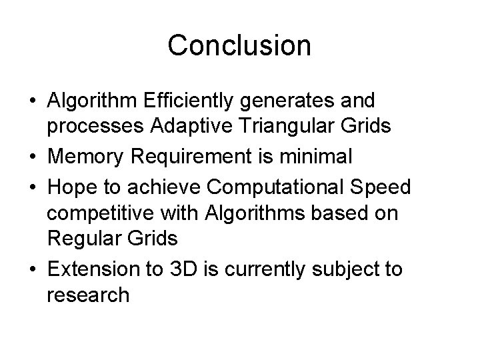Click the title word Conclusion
pyautogui.click(x=239, y=46)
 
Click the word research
pyautogui.click(x=89, y=294)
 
